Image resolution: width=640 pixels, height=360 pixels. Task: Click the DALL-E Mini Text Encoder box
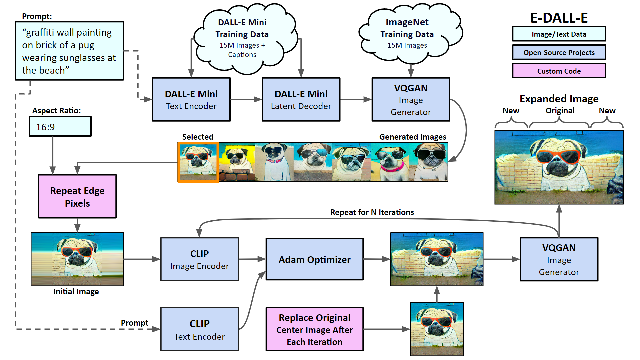pyautogui.click(x=191, y=100)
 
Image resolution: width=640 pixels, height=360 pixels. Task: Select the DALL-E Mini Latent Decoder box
pyautogui.click(x=301, y=100)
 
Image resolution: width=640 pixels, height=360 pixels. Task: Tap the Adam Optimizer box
pyautogui.click(x=314, y=259)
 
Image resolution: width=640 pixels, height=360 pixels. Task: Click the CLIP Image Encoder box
pyautogui.click(x=199, y=259)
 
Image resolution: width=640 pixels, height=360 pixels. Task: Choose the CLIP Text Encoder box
pyautogui.click(x=199, y=329)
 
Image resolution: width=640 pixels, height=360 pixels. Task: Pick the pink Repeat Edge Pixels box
pyautogui.click(x=77, y=197)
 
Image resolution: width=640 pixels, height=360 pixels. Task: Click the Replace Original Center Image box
pyautogui.click(x=314, y=329)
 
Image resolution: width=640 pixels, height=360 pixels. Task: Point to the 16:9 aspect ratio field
pyautogui.click(x=60, y=127)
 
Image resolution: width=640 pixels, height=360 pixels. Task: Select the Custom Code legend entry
pyautogui.click(x=559, y=71)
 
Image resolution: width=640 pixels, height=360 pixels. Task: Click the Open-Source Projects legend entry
pyautogui.click(x=559, y=52)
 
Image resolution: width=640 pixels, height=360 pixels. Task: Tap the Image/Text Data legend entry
pyautogui.click(x=559, y=34)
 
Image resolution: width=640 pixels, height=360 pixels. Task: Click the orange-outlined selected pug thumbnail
pyautogui.click(x=198, y=162)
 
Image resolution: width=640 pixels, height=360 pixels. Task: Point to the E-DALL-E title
pyautogui.click(x=559, y=18)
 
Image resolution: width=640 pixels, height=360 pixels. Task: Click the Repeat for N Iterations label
pyautogui.click(x=372, y=212)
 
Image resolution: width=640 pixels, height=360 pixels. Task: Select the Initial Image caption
pyautogui.click(x=76, y=292)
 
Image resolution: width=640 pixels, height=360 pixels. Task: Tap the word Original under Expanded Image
pyautogui.click(x=560, y=111)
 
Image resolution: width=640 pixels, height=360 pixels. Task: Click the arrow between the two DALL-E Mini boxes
pyautogui.click(x=246, y=99)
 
